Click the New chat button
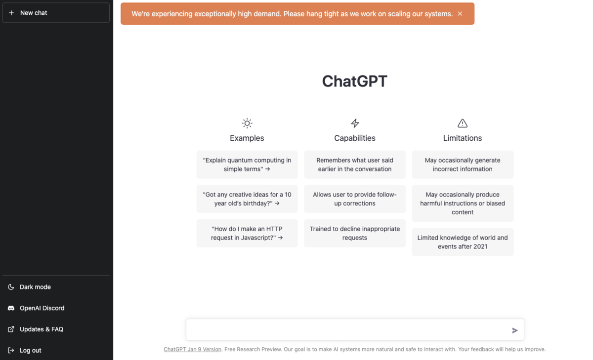(x=55, y=13)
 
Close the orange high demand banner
(x=460, y=14)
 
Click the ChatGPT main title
(x=354, y=81)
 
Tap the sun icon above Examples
(x=247, y=123)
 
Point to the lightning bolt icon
(x=355, y=123)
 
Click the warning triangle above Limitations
(x=463, y=123)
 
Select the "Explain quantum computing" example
(x=247, y=164)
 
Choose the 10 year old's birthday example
(x=247, y=199)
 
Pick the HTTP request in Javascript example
(x=247, y=233)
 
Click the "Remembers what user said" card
(x=355, y=164)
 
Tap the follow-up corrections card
(x=355, y=199)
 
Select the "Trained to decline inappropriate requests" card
(x=355, y=233)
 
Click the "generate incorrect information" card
(x=463, y=164)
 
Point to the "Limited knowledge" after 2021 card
(x=463, y=242)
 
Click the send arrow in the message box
(x=515, y=330)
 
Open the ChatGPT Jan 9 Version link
(x=192, y=349)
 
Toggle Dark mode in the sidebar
(x=35, y=287)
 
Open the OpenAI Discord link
(x=42, y=308)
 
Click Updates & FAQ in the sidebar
(x=41, y=329)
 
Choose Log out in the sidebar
(x=30, y=351)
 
